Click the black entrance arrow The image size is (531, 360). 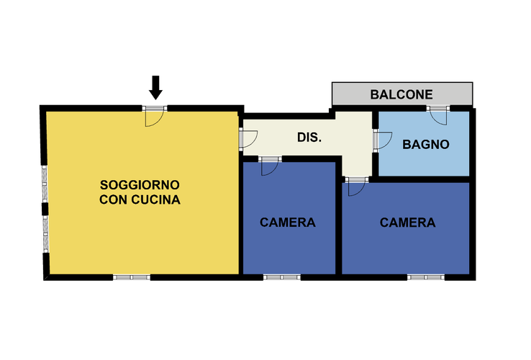click(x=155, y=88)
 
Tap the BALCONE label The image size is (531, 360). click(x=401, y=94)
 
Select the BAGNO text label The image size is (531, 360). click(x=426, y=145)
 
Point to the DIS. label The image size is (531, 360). click(x=309, y=138)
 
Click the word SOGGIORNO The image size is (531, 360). click(x=140, y=185)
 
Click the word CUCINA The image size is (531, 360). click(x=155, y=199)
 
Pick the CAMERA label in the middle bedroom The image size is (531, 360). click(x=288, y=222)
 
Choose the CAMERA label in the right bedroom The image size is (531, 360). click(x=407, y=222)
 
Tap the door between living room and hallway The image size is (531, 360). click(x=249, y=139)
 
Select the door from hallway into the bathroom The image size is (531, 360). click(x=383, y=140)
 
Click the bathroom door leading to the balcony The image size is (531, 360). click(x=439, y=116)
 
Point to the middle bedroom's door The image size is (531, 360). click(x=270, y=167)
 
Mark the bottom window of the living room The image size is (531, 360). click(x=132, y=277)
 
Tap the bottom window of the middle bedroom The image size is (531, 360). click(x=282, y=277)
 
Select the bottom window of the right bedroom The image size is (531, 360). click(x=426, y=277)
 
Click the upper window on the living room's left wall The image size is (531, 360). click(x=45, y=184)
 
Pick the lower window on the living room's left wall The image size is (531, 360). click(x=45, y=233)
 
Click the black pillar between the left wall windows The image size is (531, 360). click(x=45, y=209)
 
